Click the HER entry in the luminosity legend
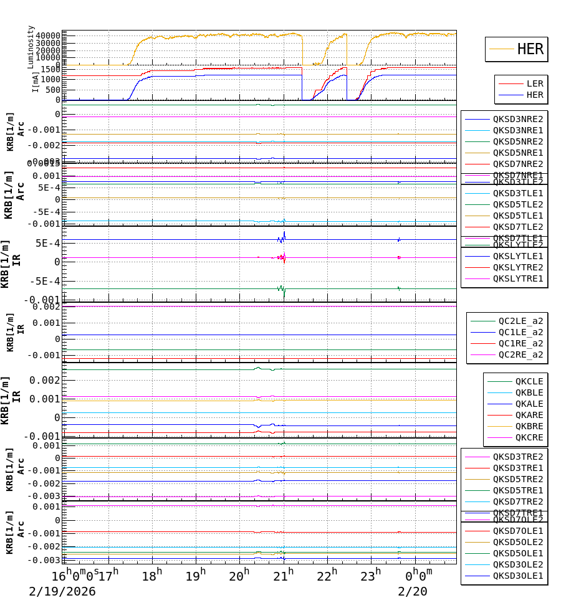(x=530, y=49)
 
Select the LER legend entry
(x=535, y=83)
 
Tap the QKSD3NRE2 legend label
(x=518, y=119)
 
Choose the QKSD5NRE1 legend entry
(x=518, y=153)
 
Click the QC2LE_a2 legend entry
(x=520, y=321)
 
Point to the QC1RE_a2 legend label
(x=520, y=344)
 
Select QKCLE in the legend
(x=529, y=381)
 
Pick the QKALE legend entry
(x=529, y=404)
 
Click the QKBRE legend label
(x=529, y=426)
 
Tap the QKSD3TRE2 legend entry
(x=518, y=457)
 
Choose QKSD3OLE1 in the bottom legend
(x=518, y=576)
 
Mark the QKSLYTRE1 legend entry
(x=518, y=278)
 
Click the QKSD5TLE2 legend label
(x=518, y=204)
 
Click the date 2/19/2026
(x=62, y=591)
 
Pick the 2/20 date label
(x=412, y=591)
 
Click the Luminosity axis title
(x=31, y=46)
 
